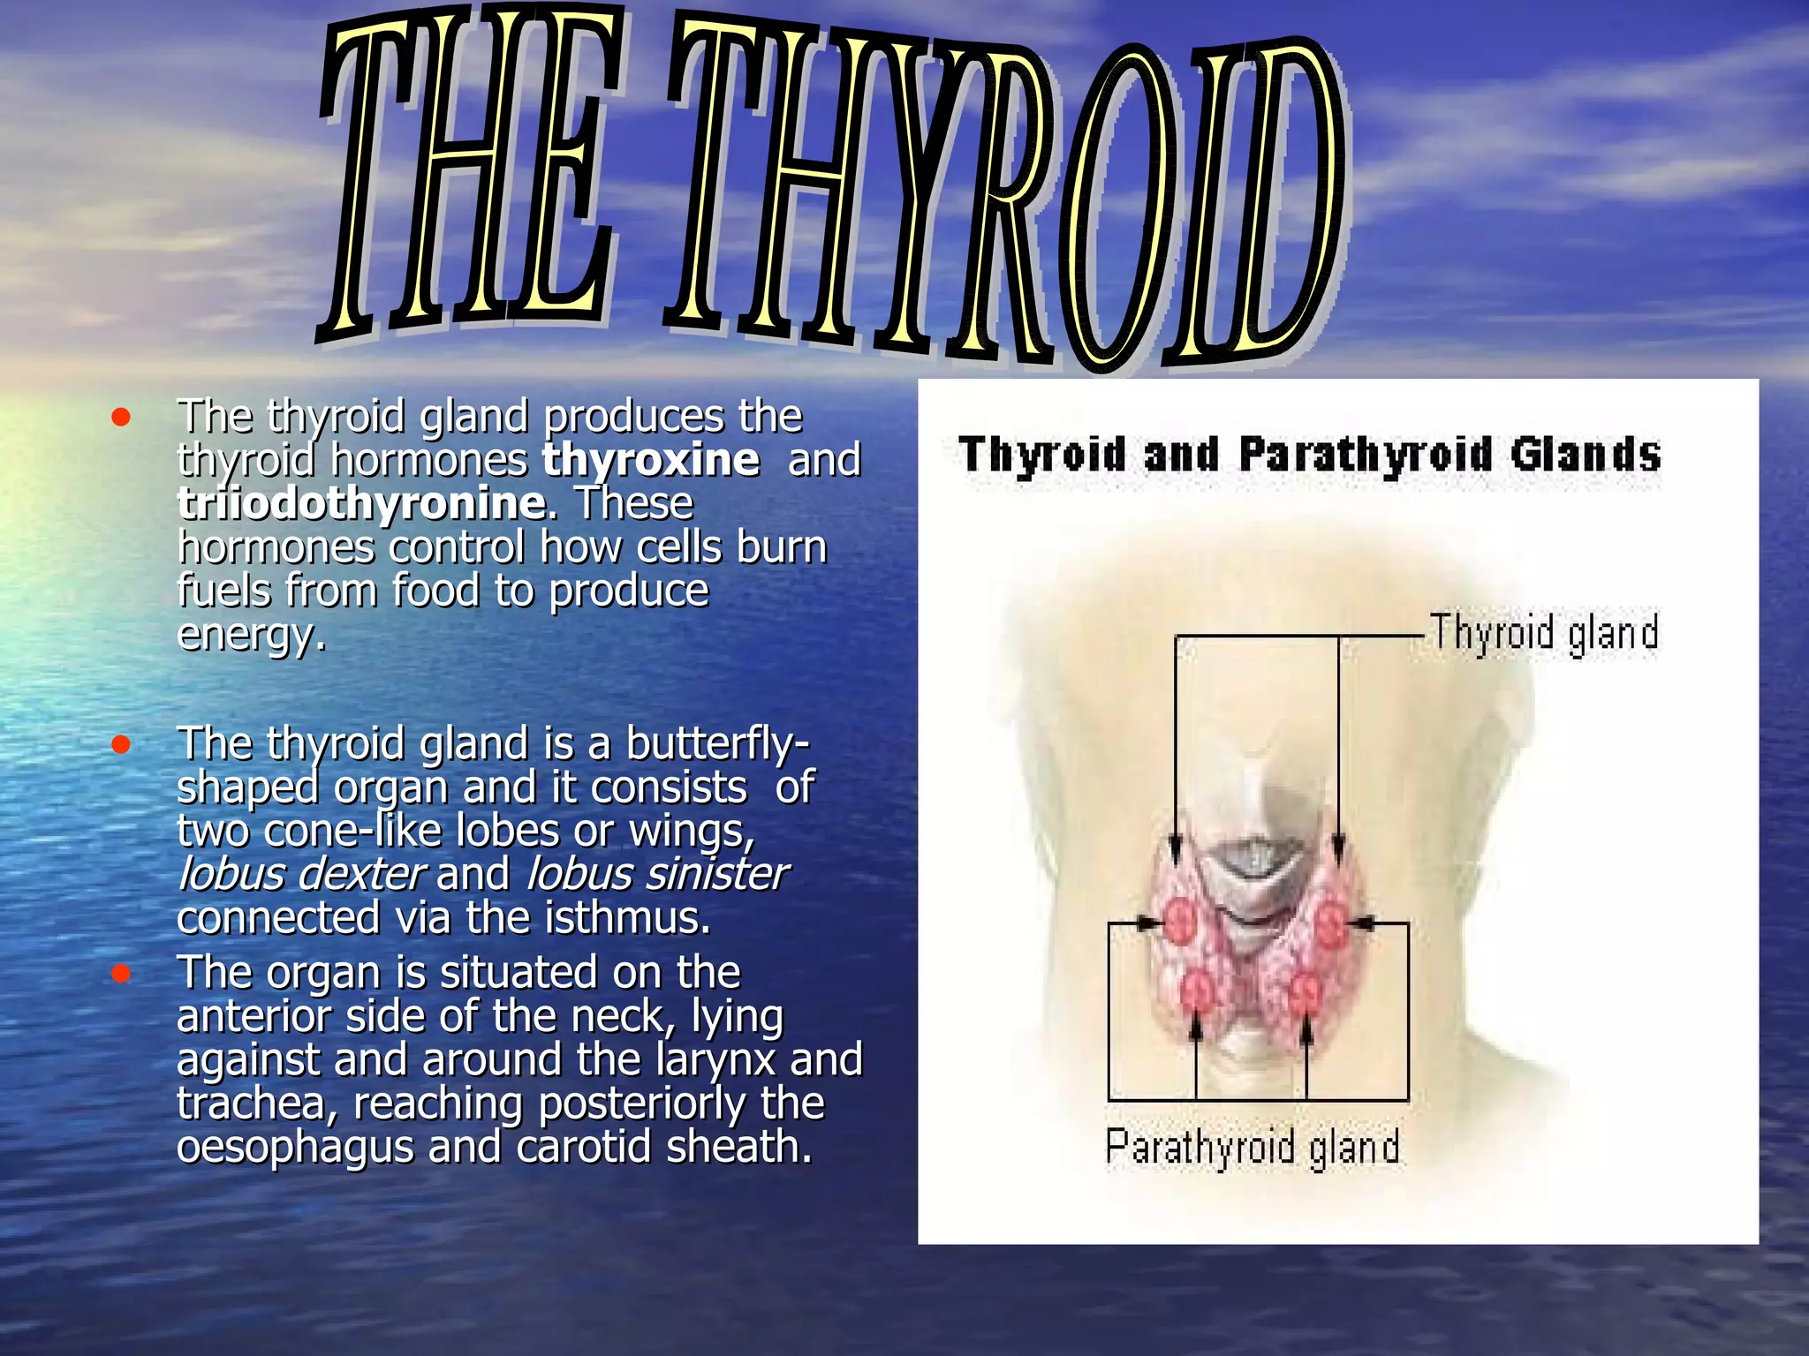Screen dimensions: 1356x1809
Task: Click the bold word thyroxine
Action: (650, 460)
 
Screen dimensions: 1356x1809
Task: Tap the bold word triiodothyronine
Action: (360, 503)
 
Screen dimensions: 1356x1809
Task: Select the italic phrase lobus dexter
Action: (301, 874)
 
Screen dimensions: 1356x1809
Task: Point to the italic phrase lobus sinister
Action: (656, 874)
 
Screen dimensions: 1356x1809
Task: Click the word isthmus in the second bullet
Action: (627, 918)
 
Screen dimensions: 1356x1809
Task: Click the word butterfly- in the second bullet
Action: (717, 743)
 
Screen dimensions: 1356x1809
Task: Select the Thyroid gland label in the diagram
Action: (1544, 634)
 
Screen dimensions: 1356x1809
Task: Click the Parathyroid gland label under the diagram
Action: (1253, 1148)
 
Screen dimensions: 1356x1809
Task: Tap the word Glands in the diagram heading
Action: (1586, 456)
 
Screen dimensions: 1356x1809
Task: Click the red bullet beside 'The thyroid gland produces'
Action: (122, 417)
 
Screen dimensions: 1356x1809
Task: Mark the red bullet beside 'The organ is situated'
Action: (122, 974)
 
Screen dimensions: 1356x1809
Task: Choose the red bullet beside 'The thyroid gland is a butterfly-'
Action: (122, 745)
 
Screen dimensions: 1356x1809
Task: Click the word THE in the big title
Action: (468, 177)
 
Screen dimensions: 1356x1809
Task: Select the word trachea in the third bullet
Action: (256, 1104)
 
